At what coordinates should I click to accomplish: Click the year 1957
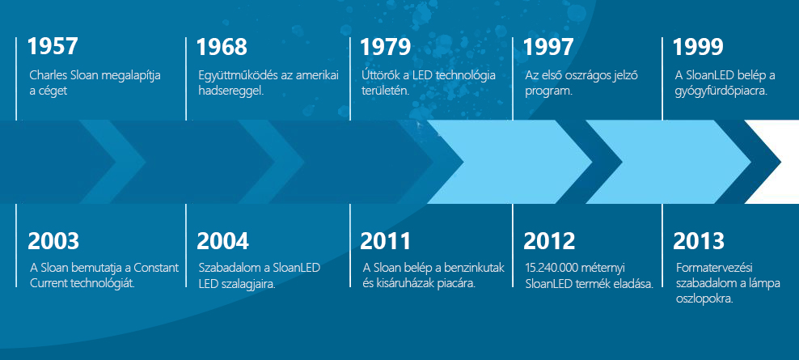click(53, 46)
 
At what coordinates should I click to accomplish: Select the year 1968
click(222, 46)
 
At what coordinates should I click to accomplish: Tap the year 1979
click(385, 46)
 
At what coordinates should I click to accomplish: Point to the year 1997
click(548, 46)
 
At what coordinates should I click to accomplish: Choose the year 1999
click(698, 46)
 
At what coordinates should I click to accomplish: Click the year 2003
click(53, 241)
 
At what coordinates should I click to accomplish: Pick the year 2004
click(222, 241)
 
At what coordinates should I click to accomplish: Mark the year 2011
click(385, 241)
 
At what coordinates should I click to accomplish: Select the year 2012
click(549, 241)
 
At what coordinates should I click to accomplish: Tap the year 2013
click(699, 241)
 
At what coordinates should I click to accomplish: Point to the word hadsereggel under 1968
click(230, 91)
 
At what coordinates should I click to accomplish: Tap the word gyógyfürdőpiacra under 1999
click(721, 91)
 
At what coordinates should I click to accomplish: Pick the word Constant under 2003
click(159, 268)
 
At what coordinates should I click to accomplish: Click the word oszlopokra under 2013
click(704, 299)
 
